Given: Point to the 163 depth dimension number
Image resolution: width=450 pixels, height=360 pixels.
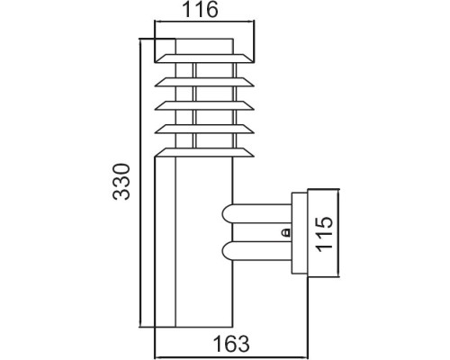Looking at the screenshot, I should tap(233, 343).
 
